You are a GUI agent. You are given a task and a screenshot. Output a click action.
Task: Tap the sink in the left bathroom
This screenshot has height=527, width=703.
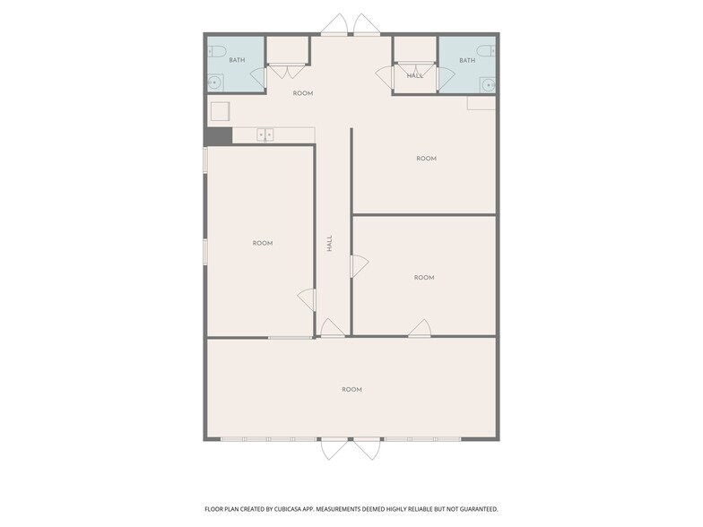click(214, 83)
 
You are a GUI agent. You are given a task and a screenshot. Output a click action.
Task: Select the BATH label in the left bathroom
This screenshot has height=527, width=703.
click(237, 61)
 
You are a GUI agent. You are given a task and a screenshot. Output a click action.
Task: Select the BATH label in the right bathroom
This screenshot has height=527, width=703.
click(467, 61)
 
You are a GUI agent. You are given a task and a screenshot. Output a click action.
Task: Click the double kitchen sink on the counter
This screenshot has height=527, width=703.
click(265, 135)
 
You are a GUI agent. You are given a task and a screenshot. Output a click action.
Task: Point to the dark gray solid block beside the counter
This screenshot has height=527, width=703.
click(218, 135)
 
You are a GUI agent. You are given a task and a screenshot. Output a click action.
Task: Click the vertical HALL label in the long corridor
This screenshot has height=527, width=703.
click(330, 242)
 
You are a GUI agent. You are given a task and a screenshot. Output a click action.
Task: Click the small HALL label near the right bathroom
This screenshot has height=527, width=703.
click(415, 76)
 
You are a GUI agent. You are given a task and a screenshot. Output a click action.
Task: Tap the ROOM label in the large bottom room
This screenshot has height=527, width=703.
click(351, 389)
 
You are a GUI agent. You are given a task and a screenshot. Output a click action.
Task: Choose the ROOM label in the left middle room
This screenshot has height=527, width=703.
click(262, 243)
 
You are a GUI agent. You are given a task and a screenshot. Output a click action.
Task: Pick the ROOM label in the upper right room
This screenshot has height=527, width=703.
click(426, 159)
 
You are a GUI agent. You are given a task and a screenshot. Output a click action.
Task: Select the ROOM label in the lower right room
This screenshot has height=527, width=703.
click(424, 278)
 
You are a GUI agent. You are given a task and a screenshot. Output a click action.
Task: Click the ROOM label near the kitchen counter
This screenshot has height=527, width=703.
click(303, 93)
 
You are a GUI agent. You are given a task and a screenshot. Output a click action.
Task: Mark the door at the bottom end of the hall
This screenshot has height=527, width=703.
click(333, 330)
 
